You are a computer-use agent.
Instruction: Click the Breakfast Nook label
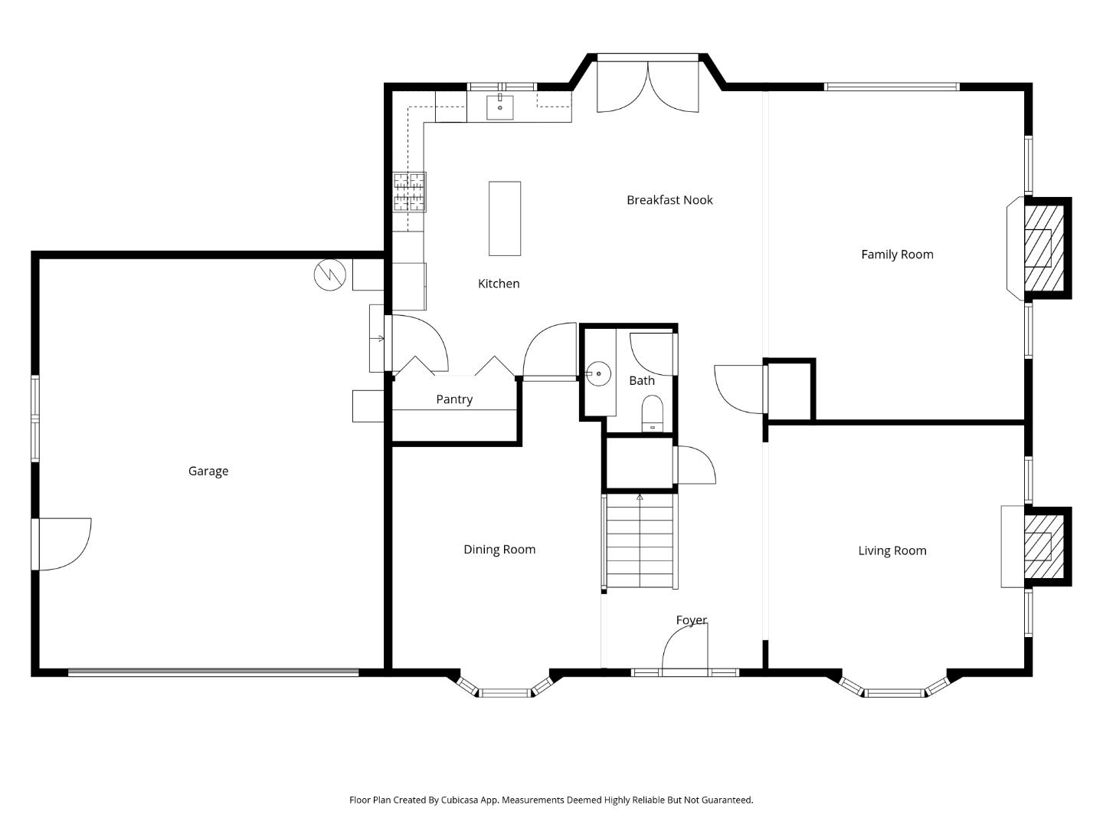669,200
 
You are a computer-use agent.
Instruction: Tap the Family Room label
897,255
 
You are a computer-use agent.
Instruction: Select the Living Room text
892,550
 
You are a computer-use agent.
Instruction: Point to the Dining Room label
499,549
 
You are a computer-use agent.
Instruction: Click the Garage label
208,471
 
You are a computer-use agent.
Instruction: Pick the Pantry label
454,399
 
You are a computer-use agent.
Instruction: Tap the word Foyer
691,619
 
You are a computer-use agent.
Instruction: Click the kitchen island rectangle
505,219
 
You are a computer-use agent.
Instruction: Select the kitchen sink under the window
500,107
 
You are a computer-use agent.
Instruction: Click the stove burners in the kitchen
410,192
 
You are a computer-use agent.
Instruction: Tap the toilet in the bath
652,413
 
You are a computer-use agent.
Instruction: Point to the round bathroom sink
598,374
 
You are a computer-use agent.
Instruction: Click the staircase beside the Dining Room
640,542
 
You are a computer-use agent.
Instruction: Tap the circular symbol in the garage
330,275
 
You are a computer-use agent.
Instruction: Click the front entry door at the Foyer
685,650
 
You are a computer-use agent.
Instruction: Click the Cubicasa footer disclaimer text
551,800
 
